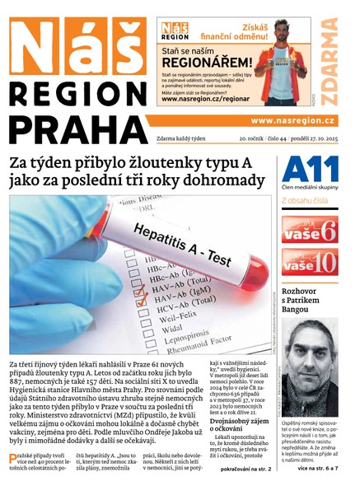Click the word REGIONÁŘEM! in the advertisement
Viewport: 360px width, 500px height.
(x=207, y=62)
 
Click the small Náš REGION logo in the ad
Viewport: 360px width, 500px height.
(x=174, y=30)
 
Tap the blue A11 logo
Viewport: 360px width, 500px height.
(x=310, y=171)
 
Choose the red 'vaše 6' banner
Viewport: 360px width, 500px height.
(x=310, y=228)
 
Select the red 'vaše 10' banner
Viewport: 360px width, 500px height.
(x=310, y=262)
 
